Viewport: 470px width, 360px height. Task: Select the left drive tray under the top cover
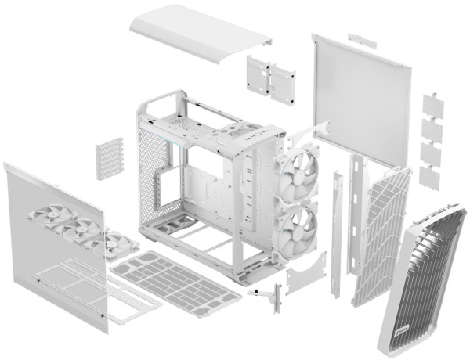coord(258,74)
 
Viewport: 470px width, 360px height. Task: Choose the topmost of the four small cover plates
coord(431,103)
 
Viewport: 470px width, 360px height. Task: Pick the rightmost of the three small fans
coord(110,243)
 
